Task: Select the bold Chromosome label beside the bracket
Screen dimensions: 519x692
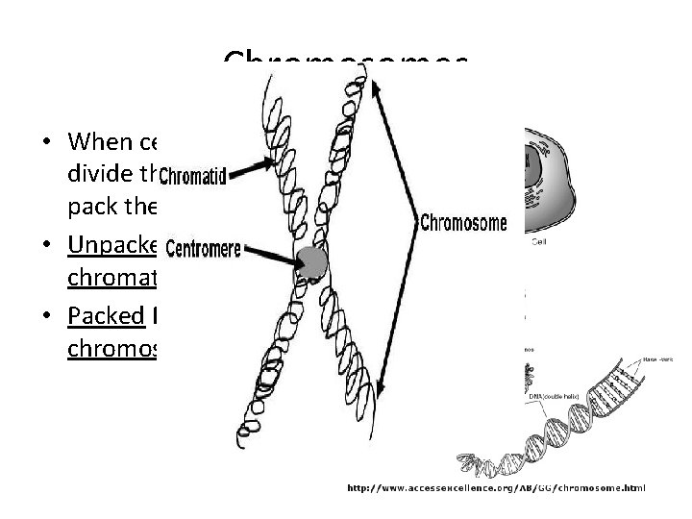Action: [465, 222]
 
